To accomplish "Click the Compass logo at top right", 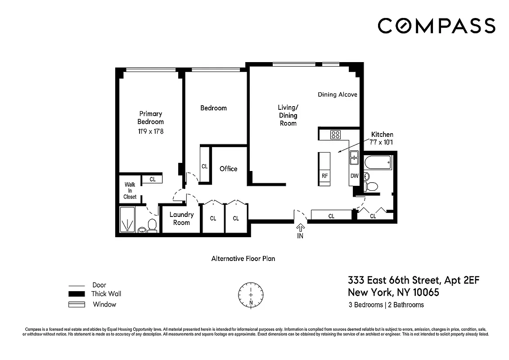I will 436,26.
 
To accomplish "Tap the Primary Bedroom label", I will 150,117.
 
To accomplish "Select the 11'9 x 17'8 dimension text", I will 150,131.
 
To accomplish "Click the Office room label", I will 228,169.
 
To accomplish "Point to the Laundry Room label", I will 181,218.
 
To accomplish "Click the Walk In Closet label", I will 130,190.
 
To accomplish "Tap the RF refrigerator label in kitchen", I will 324,176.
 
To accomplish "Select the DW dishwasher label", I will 354,176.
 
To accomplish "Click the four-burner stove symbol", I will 335,134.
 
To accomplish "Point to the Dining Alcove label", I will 337,94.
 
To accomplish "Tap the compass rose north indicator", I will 251,295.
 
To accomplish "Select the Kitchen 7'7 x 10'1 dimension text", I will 382,142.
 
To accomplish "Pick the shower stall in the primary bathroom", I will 127,220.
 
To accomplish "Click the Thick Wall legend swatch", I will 77,294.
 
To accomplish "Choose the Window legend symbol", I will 77,305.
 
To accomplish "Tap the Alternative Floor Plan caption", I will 243,259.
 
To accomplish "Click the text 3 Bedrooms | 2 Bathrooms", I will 386,305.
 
